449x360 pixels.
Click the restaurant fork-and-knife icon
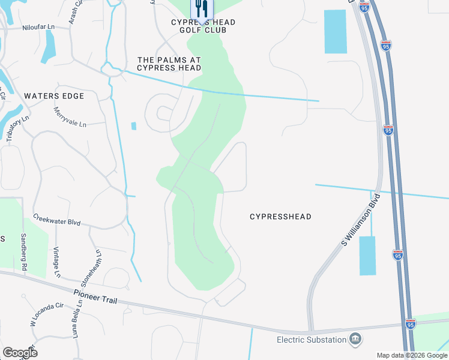[201, 8]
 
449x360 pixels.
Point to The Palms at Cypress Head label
[169, 64]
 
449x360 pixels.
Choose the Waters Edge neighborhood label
[54, 96]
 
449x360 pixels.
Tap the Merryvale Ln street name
[70, 117]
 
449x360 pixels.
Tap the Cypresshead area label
[280, 217]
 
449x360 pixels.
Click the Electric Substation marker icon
[355, 340]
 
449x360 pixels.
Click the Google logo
[20, 353]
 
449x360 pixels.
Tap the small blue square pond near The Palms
[133, 126]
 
